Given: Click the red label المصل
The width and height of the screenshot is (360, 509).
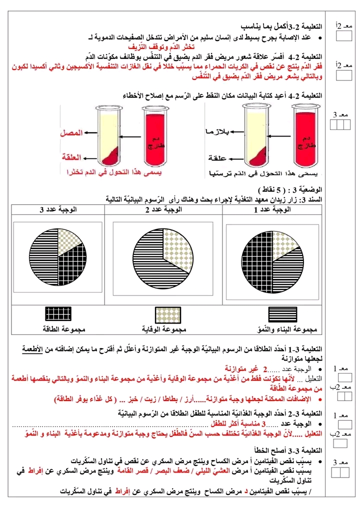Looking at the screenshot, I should [71, 133].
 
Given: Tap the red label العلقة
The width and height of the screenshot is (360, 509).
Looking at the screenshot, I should [72, 156].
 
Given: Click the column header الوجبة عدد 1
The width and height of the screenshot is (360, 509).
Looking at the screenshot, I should [272, 210].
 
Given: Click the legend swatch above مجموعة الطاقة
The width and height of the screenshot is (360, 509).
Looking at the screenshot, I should [58, 313].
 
